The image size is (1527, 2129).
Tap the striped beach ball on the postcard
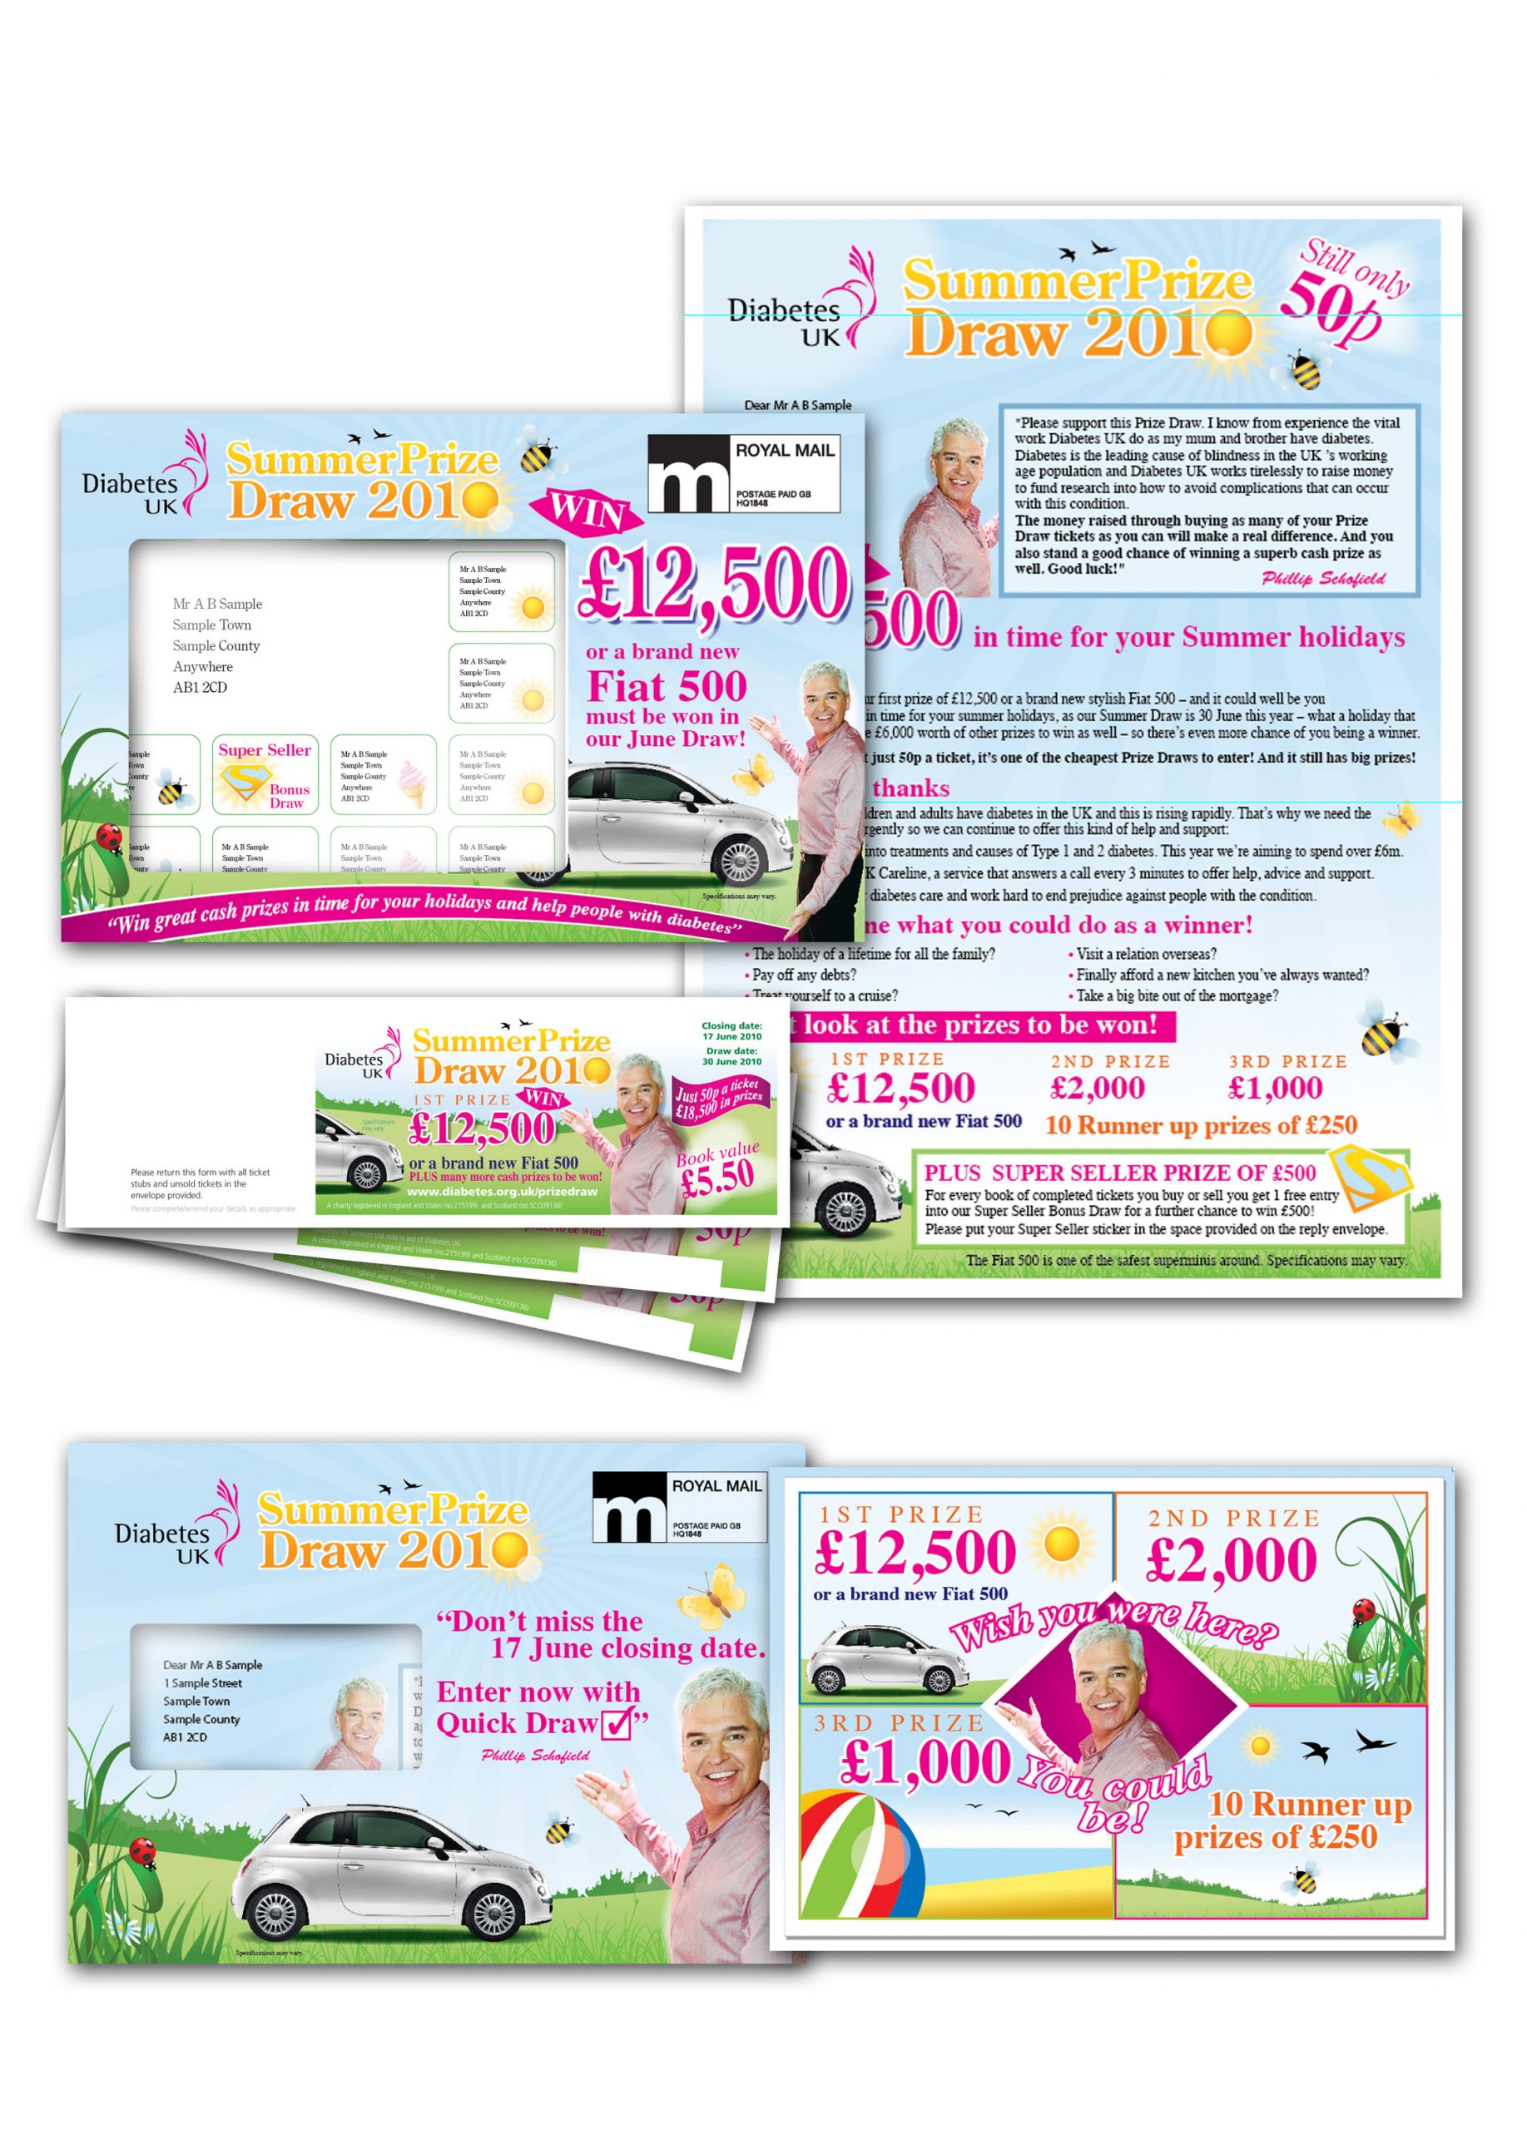(x=861, y=1852)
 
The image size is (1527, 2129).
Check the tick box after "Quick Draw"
(x=619, y=1722)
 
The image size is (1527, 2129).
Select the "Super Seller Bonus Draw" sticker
(x=264, y=775)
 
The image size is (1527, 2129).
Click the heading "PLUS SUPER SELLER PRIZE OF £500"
(x=1119, y=1173)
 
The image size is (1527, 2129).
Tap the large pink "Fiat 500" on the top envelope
(x=667, y=686)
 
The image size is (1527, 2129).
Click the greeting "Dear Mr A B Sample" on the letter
(x=797, y=406)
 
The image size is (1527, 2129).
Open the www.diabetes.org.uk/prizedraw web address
(x=502, y=1191)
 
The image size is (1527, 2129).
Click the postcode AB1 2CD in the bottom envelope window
(x=185, y=1736)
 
